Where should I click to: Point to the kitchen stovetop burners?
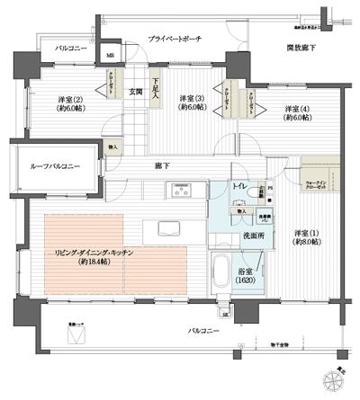[183, 190]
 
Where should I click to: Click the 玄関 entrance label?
[135, 91]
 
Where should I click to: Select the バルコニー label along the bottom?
[203, 332]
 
